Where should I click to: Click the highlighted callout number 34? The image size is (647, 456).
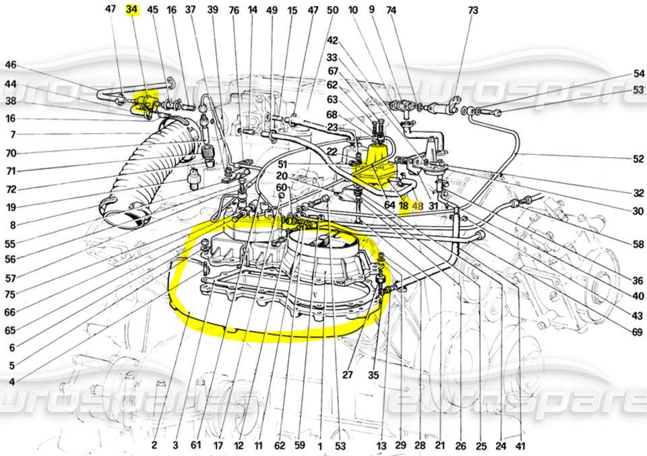click(x=132, y=9)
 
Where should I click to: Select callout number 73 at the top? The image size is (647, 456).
click(x=472, y=10)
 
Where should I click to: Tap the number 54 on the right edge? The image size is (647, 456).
click(x=638, y=73)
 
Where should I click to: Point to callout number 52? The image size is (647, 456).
click(x=638, y=160)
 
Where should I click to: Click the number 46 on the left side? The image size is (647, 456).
click(x=10, y=65)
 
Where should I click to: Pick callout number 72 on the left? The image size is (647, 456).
click(x=10, y=189)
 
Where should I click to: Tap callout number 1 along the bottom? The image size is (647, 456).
click(x=319, y=445)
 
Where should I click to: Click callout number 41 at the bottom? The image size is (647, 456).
click(x=520, y=445)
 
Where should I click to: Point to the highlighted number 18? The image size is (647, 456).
click(x=403, y=206)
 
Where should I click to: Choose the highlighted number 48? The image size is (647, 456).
click(x=417, y=206)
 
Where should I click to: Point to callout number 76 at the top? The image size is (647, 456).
click(x=234, y=10)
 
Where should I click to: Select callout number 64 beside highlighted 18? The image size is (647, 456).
click(x=389, y=206)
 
